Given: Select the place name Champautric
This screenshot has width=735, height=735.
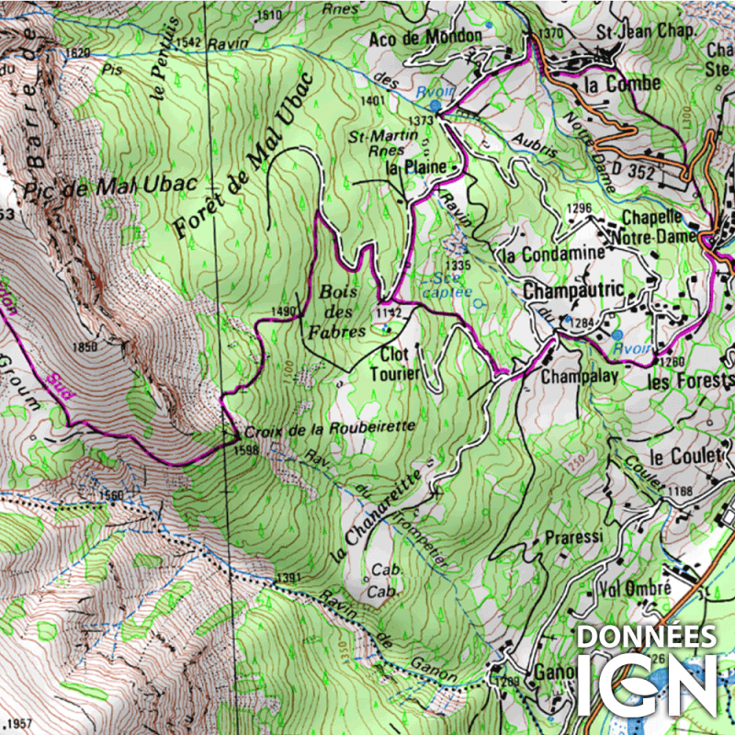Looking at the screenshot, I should coord(573,291).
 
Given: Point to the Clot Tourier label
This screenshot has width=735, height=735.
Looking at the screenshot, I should coord(395,365).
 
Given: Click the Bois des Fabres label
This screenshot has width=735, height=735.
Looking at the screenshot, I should coord(343,311).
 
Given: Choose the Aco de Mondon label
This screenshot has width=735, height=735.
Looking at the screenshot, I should coord(425,37).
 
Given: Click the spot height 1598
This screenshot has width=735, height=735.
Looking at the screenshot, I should coord(245,450).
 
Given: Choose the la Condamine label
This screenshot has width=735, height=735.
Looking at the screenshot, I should coord(550,253).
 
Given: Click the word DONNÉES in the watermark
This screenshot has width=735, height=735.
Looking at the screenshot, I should coord(646,638).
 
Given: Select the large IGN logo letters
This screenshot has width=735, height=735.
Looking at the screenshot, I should coord(646,684).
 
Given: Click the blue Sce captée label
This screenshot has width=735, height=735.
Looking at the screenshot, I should coord(445,283).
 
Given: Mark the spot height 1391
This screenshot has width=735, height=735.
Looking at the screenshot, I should coord(288,578).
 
